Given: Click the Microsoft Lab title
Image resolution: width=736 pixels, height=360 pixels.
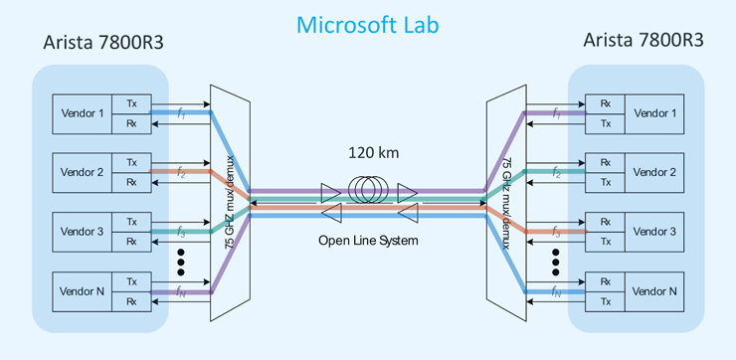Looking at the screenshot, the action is (368, 25).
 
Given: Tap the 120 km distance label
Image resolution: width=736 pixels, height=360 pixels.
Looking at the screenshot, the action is (374, 153).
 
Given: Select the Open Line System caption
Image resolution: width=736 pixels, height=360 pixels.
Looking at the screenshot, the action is (368, 241).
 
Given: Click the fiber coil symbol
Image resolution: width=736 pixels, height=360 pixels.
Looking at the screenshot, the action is (369, 191).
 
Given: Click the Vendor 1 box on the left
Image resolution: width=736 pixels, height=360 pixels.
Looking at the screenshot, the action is (83, 114).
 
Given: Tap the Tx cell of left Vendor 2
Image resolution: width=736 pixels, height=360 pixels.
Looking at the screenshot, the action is (131, 163).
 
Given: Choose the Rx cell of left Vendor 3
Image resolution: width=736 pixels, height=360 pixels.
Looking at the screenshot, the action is (131, 242).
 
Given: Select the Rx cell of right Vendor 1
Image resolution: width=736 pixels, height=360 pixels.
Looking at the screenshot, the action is (605, 103).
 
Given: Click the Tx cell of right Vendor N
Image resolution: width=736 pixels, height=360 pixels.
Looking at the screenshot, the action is (605, 301).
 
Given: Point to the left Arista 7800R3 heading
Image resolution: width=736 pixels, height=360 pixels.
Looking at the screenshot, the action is (103, 42).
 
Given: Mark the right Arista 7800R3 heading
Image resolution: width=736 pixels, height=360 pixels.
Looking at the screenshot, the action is (644, 41).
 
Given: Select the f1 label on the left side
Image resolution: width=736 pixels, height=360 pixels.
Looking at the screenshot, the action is (182, 114).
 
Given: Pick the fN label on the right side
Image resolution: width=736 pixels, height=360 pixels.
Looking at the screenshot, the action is (556, 292).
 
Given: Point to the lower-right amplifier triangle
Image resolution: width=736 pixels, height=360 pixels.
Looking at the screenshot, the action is (408, 213).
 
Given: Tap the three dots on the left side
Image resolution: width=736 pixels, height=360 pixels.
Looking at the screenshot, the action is (181, 263).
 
